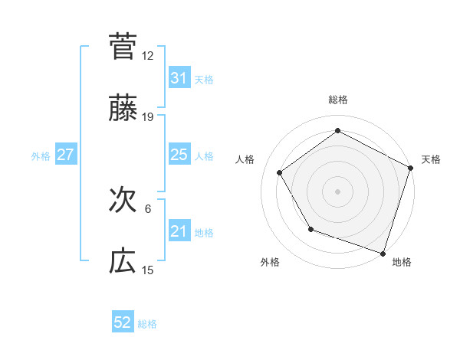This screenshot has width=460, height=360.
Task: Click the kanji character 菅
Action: point(123,46)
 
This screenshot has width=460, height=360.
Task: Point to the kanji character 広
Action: point(123,263)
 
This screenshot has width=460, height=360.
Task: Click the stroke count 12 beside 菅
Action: point(148,55)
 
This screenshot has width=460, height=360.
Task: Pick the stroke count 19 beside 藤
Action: point(148,117)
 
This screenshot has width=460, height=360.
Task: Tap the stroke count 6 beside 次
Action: point(148,208)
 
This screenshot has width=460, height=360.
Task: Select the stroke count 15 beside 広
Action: point(148,270)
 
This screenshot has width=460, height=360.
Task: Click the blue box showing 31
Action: point(179,77)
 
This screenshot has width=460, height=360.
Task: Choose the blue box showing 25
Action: point(179,155)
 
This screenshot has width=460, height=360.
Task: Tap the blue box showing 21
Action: point(179,231)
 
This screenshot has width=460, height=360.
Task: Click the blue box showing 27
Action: point(65,155)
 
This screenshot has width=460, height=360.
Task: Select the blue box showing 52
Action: point(122,322)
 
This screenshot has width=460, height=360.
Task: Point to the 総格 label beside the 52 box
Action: point(148,323)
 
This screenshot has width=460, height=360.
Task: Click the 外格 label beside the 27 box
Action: point(41,155)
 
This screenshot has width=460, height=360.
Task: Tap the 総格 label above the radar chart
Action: point(338,100)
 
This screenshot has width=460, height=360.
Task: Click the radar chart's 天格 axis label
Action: point(431,159)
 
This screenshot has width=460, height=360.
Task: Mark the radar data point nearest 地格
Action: point(383,253)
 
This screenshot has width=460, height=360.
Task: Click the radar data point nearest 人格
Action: point(280,172)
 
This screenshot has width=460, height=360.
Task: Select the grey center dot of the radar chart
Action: point(338,191)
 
